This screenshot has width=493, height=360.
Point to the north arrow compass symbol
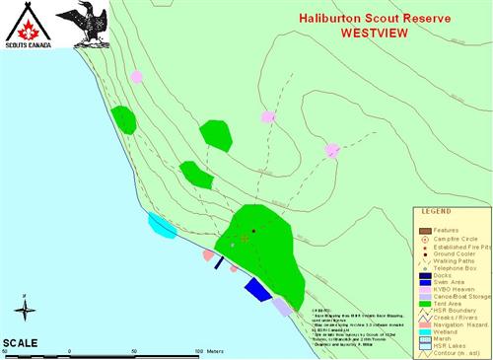click(27, 312)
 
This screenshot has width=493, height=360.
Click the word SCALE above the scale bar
click(21, 342)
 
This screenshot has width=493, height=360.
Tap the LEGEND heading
click(437, 211)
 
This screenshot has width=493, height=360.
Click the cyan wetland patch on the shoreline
click(162, 225)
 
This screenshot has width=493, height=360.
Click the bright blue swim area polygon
click(258, 288)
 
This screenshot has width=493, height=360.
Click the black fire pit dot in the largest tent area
click(253, 231)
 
